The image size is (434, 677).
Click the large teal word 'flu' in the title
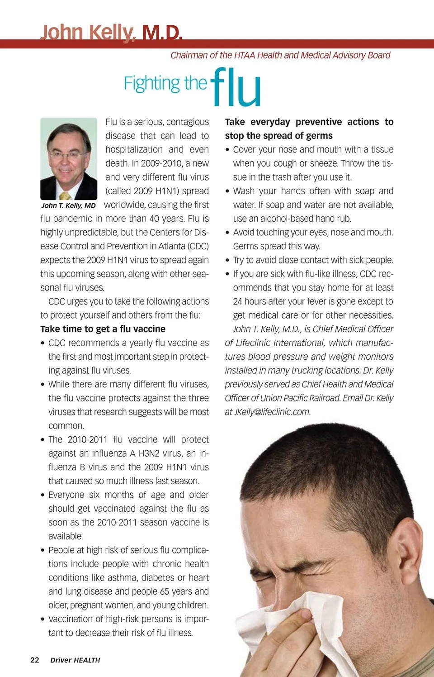[x=236, y=88]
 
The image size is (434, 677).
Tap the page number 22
[x=35, y=660]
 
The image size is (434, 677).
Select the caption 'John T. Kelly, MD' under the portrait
[x=69, y=205]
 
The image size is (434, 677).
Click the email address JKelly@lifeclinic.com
[x=272, y=412]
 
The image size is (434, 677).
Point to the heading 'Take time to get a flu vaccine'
[x=103, y=329]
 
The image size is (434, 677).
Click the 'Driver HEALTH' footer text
[x=75, y=660]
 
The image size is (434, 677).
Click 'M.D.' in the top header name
[x=162, y=33]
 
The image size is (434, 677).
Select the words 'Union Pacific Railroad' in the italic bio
[x=300, y=398]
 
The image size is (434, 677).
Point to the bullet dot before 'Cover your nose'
[x=228, y=150]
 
